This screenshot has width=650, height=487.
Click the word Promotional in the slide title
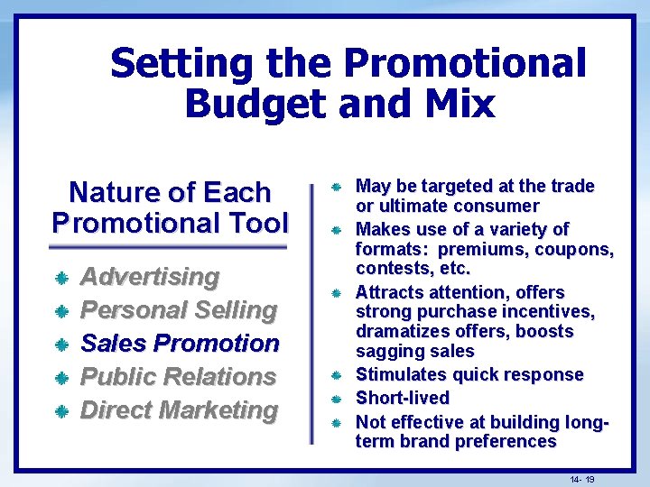tap(464, 65)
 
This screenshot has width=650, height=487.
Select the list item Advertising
tap(150, 276)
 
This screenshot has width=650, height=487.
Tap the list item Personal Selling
tap(179, 309)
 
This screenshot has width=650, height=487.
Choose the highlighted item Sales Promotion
tap(181, 343)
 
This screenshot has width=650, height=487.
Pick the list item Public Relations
tap(178, 376)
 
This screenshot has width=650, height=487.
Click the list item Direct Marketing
tap(179, 409)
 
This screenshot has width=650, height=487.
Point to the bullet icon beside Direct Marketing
tap(61, 411)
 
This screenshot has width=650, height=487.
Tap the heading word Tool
tap(256, 222)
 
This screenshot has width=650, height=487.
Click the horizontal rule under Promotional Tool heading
tap(168, 246)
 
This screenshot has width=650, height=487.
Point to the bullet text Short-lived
tap(402, 398)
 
